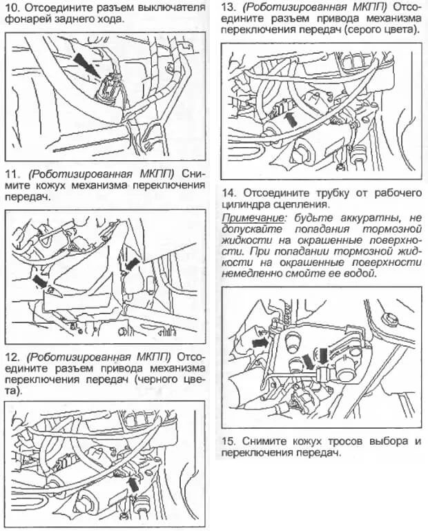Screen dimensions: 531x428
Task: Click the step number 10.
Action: coord(12,8)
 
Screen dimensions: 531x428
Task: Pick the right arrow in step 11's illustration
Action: coord(131,264)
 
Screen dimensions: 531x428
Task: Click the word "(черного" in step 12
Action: coord(158,379)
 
